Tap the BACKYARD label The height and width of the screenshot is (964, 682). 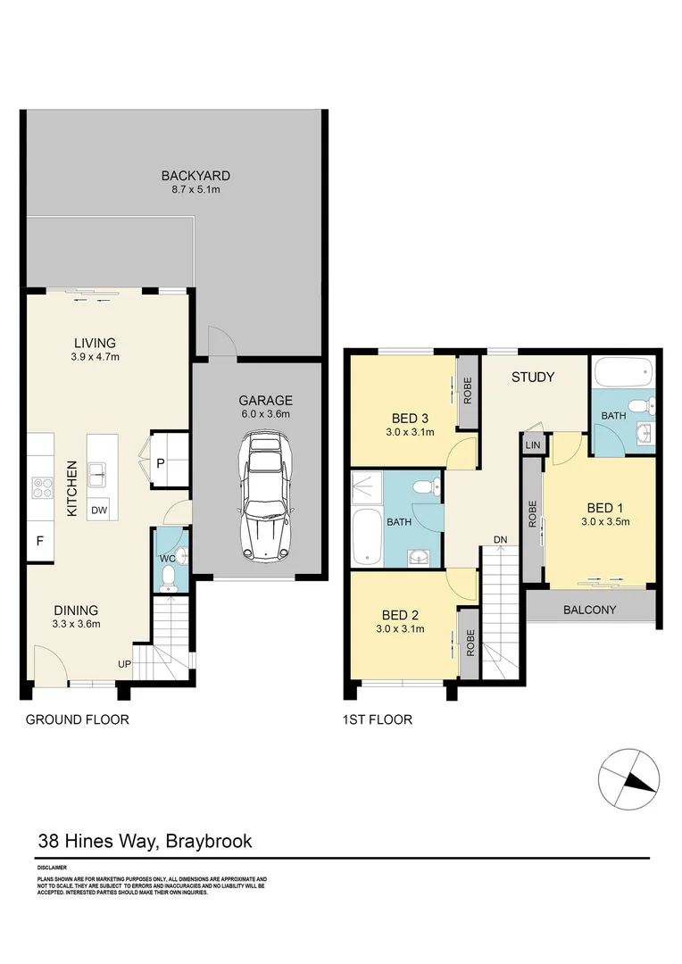pyautogui.click(x=195, y=176)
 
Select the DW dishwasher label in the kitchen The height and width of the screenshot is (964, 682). pyautogui.click(x=99, y=511)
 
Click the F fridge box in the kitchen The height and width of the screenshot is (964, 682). pyautogui.click(x=39, y=540)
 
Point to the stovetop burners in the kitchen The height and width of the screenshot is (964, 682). pyautogui.click(x=42, y=487)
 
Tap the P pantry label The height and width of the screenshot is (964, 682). pyautogui.click(x=161, y=462)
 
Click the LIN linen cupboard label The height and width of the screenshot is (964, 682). pyautogui.click(x=533, y=445)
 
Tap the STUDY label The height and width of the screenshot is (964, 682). pyautogui.click(x=533, y=377)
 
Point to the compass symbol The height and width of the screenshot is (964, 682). pyautogui.click(x=629, y=779)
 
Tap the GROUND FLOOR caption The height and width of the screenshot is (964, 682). pyautogui.click(x=77, y=719)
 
